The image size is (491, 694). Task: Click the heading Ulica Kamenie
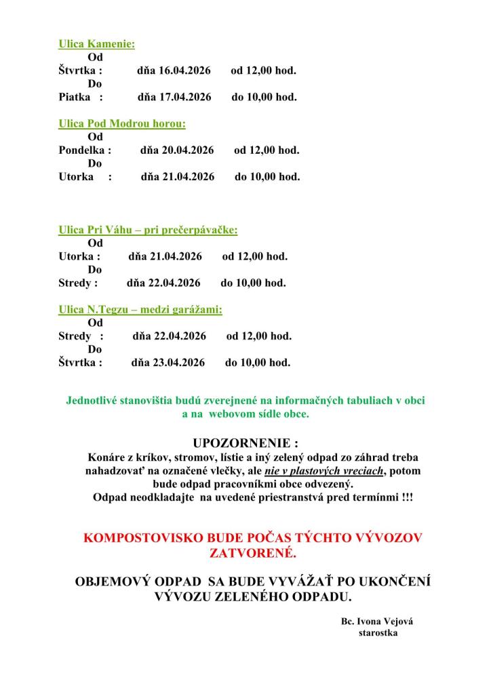(96, 44)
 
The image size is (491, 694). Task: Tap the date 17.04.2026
(183, 97)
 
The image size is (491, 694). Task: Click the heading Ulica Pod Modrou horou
(122, 124)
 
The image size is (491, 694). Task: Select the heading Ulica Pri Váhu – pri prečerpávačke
(148, 230)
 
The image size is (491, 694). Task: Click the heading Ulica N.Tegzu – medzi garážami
(140, 310)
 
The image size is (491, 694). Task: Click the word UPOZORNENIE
(245, 444)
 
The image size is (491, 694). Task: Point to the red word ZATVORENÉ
(254, 554)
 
